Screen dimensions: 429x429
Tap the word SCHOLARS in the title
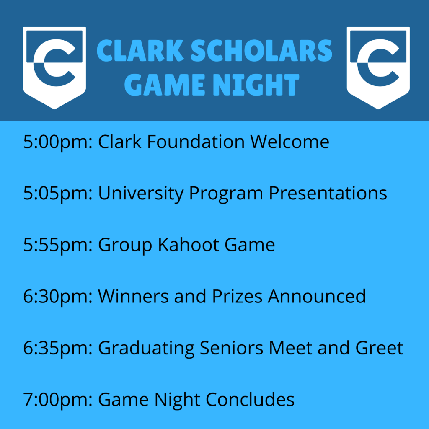261,51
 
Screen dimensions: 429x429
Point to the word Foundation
196,142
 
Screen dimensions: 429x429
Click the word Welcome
290,142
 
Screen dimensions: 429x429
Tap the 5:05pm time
58,194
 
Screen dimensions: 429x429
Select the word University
141,194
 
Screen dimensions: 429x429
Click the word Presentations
328,194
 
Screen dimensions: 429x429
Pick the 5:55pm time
58,245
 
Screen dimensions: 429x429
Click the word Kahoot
189,244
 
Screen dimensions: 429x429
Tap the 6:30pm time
58,297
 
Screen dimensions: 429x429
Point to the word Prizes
237,296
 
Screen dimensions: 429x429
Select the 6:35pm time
58,348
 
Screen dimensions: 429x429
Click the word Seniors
231,348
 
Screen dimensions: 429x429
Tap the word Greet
379,348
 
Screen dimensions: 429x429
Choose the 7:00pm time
58,400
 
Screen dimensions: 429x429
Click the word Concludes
250,399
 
